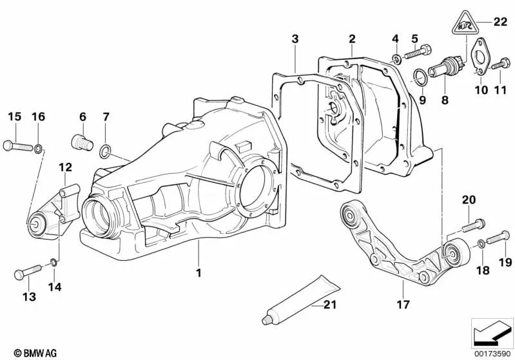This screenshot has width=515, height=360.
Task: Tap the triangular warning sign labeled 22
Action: pos(465,24)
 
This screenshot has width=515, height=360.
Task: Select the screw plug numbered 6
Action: pos(82,142)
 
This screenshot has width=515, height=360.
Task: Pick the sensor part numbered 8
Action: pos(445,68)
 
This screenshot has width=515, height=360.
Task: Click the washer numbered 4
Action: pos(396,60)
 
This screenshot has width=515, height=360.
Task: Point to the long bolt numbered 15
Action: pos(19,146)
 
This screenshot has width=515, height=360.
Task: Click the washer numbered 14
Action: pos(53,262)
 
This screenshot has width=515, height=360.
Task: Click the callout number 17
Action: pos(403,305)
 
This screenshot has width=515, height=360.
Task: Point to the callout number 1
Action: pos(199,272)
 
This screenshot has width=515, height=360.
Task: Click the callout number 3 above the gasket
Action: pos(295,39)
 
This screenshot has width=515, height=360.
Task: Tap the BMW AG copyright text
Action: pos(35,353)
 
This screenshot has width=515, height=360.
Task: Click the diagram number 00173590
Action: pos(492,354)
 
